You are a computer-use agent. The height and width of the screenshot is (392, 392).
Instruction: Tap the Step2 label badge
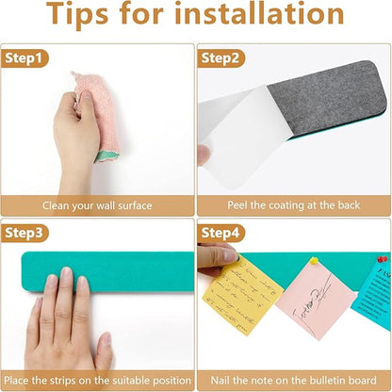[x=222, y=57]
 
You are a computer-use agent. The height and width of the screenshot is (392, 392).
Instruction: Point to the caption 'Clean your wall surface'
[x=98, y=204]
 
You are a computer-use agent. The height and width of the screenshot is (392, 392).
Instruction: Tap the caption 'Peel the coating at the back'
[x=294, y=204]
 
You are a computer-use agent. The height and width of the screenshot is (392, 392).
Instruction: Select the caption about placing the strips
[x=98, y=380]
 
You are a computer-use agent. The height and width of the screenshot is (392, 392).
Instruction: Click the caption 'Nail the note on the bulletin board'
[x=294, y=380]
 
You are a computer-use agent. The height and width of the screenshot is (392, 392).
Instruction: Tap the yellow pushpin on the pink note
[x=314, y=261]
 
